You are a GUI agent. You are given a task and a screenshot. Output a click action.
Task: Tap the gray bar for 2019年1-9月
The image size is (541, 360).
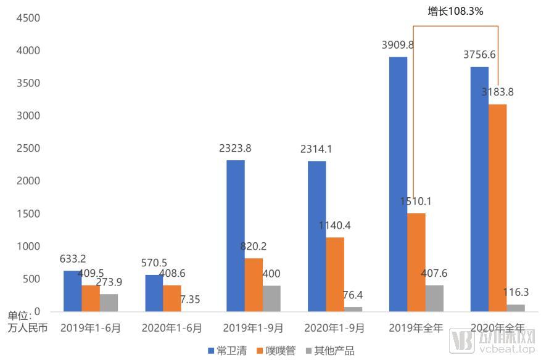271,298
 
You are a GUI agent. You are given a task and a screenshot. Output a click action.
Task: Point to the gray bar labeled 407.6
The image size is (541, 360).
434,298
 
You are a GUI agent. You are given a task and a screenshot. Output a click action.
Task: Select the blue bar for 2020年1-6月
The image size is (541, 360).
154,293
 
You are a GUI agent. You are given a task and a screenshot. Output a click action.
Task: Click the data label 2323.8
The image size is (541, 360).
235,149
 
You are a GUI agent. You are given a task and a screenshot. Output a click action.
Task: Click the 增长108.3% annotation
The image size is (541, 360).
455,12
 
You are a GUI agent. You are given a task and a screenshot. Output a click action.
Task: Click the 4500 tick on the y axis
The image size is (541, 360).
28,18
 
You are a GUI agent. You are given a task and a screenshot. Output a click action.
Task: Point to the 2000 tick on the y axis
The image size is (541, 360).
28,181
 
